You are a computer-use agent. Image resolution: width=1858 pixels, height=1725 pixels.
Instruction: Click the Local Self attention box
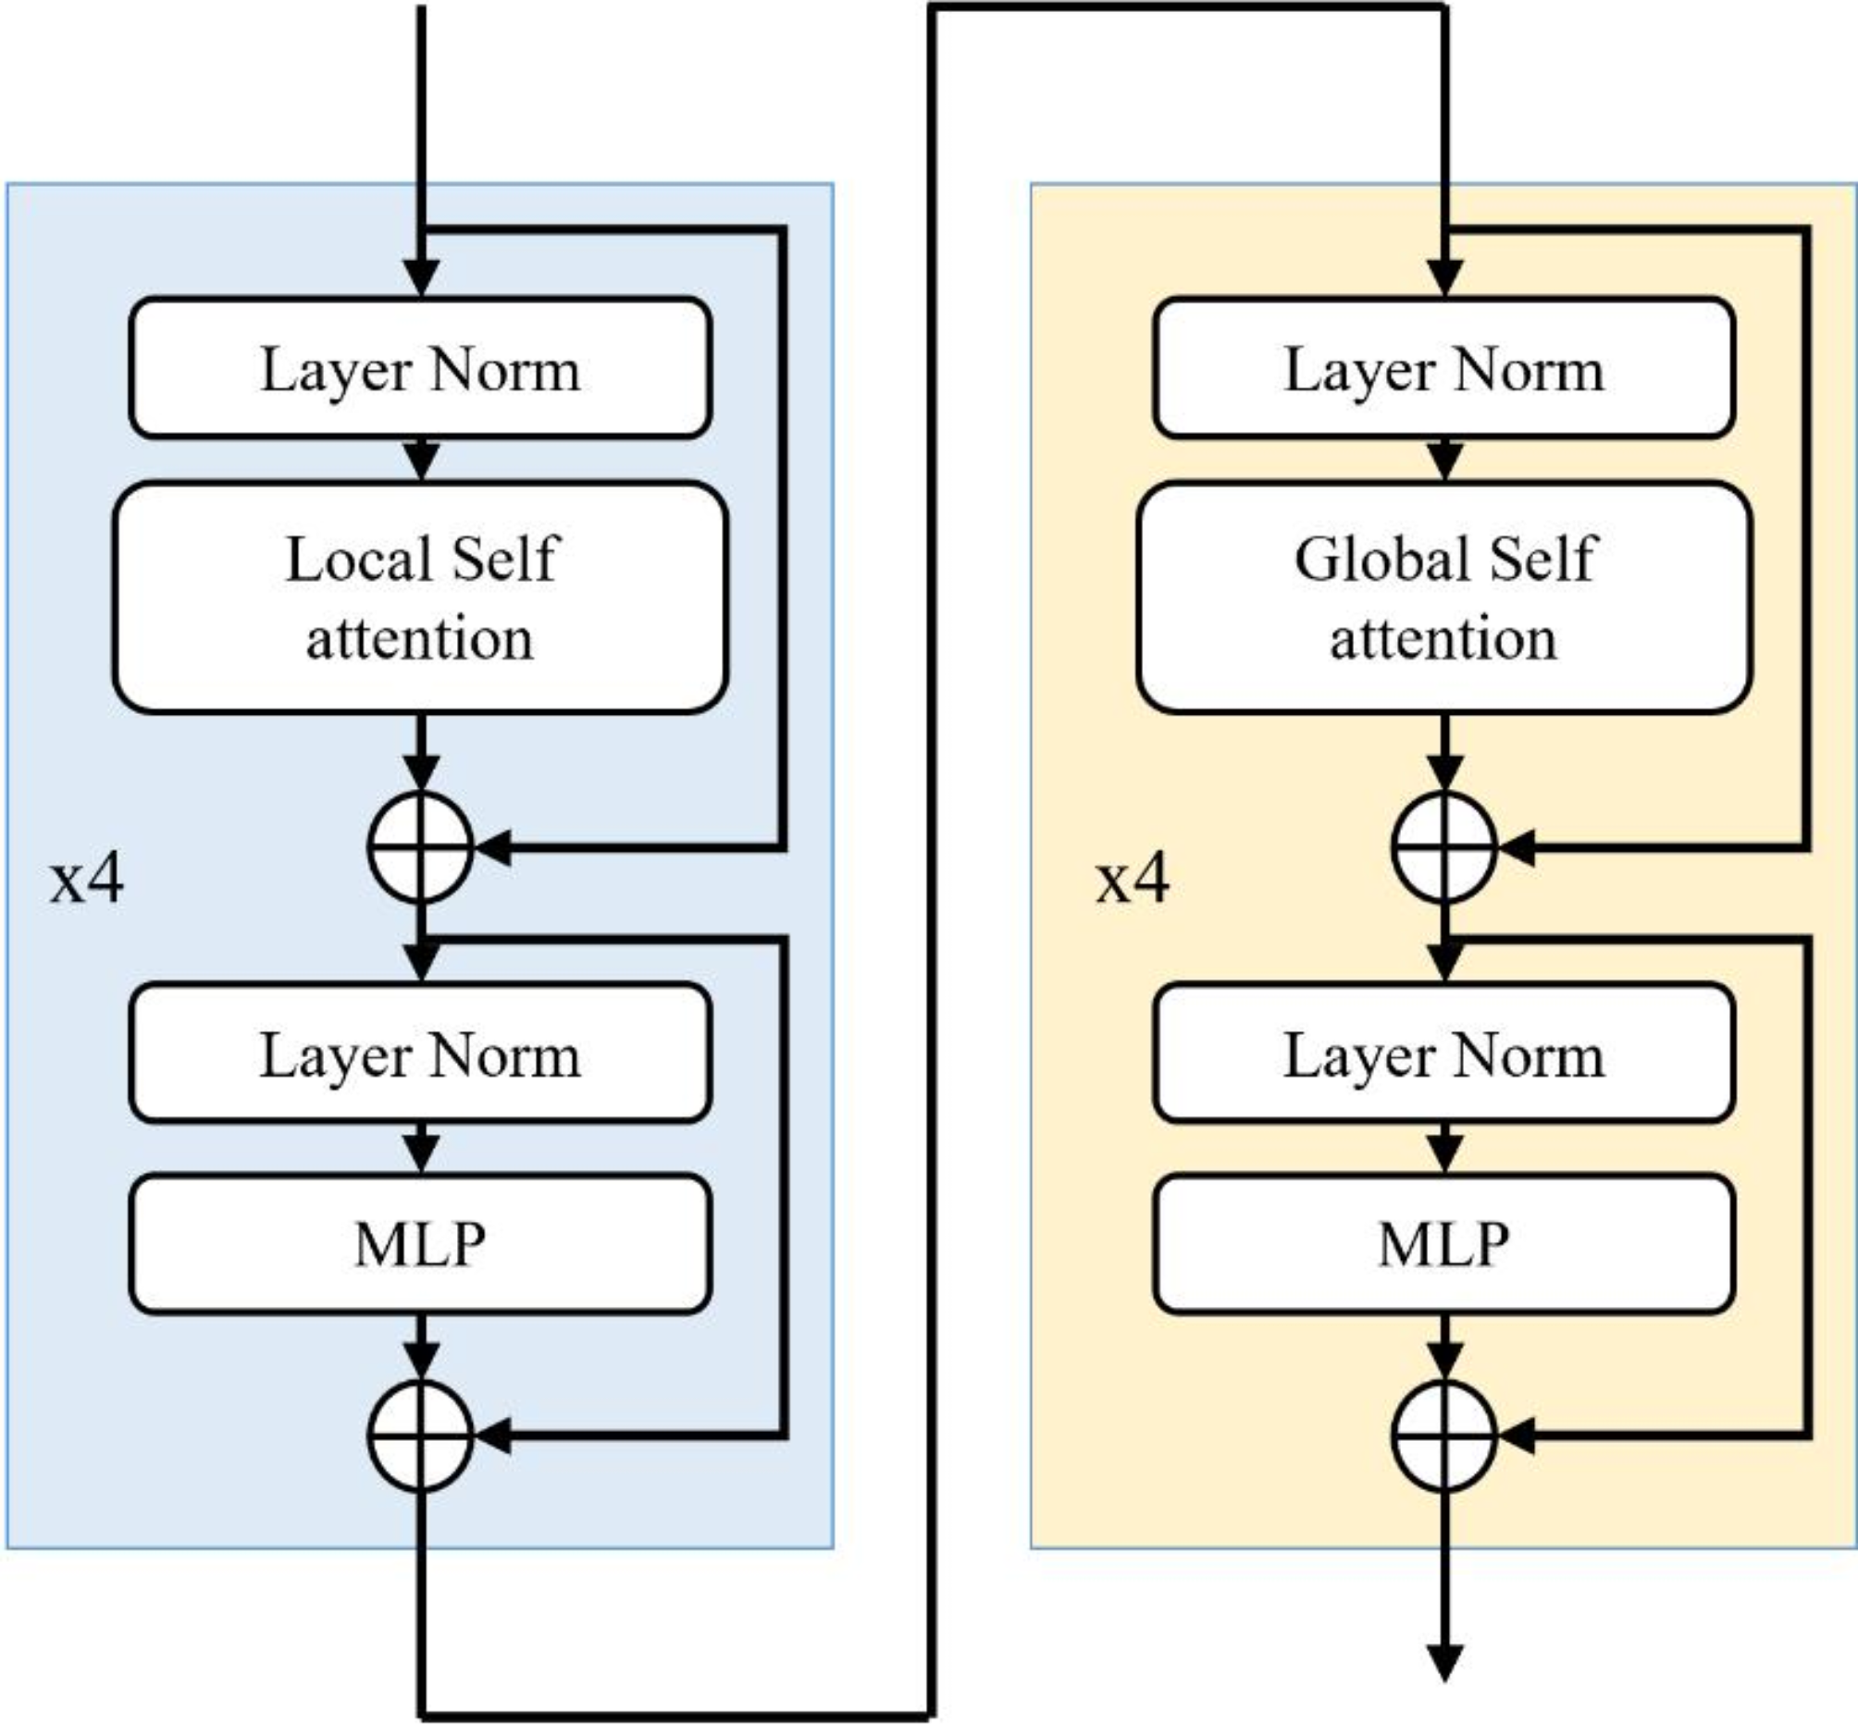tap(420, 598)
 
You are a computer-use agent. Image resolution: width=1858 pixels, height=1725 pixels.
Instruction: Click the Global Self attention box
tap(1443, 598)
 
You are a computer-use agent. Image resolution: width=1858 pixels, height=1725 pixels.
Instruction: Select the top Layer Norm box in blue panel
tap(420, 368)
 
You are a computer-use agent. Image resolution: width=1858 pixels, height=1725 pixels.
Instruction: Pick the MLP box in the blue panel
tap(420, 1243)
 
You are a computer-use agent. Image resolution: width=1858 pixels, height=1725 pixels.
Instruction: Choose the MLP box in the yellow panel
tap(1443, 1243)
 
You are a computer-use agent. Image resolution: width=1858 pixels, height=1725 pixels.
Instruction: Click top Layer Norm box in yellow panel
tap(1443, 368)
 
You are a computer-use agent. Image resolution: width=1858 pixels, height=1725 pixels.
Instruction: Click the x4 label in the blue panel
tap(86, 880)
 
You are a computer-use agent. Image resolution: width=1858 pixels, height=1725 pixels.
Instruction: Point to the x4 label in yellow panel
tap(1132, 880)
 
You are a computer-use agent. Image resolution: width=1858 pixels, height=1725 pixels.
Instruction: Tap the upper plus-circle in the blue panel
tap(420, 847)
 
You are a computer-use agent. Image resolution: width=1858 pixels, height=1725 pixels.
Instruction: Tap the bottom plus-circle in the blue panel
tap(420, 1435)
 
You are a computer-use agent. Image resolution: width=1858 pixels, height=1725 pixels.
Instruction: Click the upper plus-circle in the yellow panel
tap(1443, 847)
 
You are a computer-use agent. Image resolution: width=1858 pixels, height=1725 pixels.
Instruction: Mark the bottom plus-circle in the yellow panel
tap(1443, 1435)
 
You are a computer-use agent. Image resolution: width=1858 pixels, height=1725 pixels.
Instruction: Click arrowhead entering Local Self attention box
tap(421, 462)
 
